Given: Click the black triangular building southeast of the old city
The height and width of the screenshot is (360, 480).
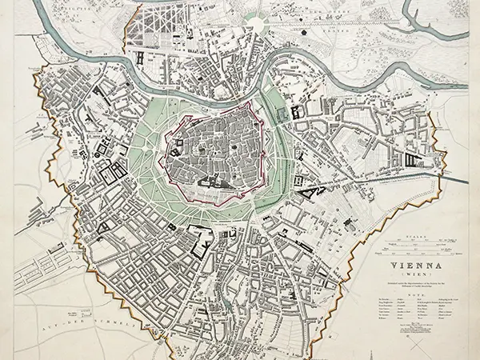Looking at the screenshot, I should pos(308,191).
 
